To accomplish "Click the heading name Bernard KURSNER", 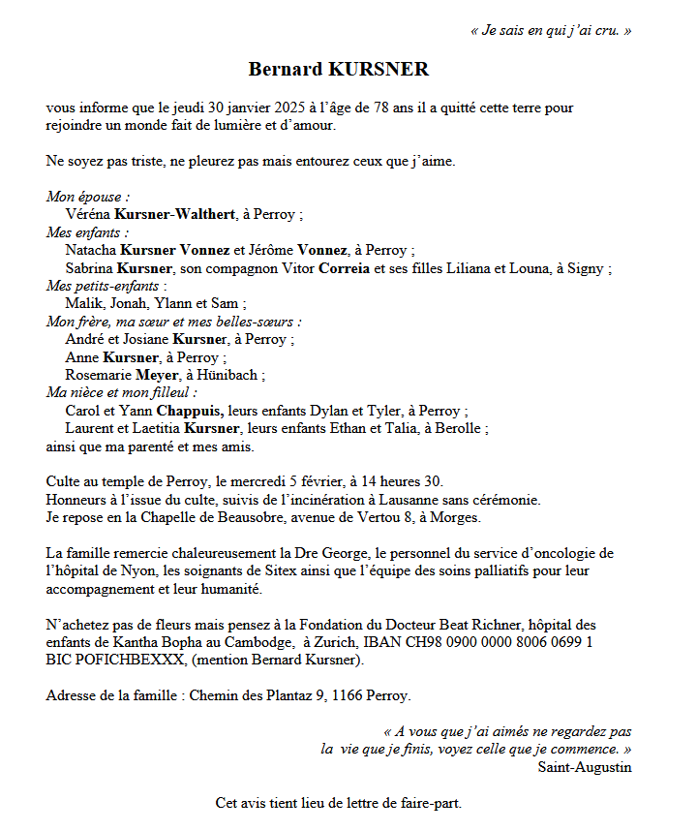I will (338, 70).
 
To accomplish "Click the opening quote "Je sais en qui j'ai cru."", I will (550, 30).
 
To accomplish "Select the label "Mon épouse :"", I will (88, 197).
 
